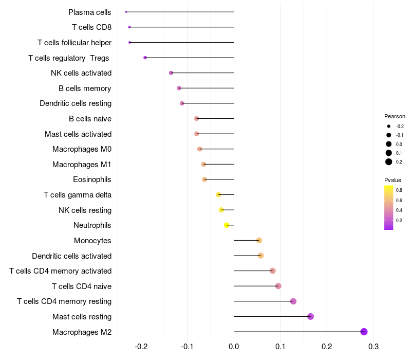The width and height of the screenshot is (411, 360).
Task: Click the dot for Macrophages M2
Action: coord(364,332)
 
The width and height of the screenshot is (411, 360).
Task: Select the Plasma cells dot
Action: coord(126,12)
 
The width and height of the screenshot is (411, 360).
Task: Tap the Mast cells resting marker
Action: coord(310,316)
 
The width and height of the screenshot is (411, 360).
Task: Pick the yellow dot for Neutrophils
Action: coord(227,225)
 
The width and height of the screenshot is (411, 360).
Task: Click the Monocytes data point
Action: coord(259,240)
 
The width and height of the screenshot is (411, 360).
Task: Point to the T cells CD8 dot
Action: coord(129,27)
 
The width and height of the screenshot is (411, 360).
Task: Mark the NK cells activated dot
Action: coord(171,73)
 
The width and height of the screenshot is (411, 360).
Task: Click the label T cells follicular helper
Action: coord(74,43)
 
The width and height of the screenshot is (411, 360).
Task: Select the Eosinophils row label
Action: coord(92,179)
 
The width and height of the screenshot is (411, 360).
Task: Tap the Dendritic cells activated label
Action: coord(72,256)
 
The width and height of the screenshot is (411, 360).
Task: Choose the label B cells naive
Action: coord(90,119)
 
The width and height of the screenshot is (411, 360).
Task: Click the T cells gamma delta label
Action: coord(78,195)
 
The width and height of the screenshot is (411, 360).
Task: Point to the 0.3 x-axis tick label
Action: coord(373,347)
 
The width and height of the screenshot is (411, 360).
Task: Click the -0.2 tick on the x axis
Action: coord(141,347)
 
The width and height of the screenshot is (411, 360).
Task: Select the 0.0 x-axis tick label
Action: coord(234,347)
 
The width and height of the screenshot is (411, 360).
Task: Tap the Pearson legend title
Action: coord(395,116)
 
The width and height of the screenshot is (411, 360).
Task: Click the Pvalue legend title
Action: coord(393,180)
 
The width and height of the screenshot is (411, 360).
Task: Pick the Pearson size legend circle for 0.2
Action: coord(389,162)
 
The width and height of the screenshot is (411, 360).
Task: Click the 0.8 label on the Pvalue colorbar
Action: coord(399,190)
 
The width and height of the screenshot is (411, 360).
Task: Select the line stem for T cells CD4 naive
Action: coord(256,286)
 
